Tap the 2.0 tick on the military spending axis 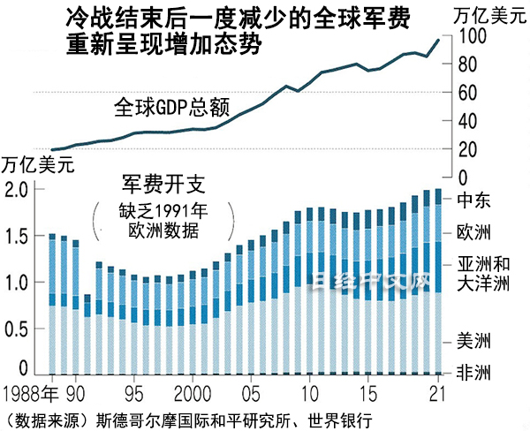[18, 189]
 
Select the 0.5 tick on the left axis [18, 329]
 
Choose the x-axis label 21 [435, 391]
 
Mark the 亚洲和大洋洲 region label [483, 273]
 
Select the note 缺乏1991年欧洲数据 [163, 222]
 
